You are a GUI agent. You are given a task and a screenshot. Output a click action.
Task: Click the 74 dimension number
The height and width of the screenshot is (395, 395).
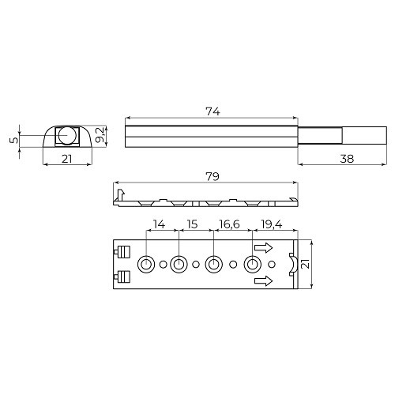[x=212, y=111]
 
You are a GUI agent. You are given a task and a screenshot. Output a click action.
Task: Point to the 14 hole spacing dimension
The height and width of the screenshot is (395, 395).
[x=160, y=224]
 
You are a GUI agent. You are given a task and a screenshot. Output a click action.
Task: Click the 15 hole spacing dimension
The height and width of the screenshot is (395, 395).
[x=192, y=224]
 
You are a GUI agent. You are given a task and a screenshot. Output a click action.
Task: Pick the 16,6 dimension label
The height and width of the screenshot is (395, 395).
[x=231, y=224]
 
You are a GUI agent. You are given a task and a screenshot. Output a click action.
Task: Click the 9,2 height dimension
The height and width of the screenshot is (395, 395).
[x=100, y=135]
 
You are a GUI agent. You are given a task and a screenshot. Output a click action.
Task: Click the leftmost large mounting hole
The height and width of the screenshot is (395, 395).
[x=147, y=264]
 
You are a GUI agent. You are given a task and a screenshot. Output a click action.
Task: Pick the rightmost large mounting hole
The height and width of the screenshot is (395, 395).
[x=254, y=264]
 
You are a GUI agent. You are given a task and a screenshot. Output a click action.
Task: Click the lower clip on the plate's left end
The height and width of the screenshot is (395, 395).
[x=122, y=276]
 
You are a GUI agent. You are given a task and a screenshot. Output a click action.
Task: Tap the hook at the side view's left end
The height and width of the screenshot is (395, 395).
[x=119, y=193]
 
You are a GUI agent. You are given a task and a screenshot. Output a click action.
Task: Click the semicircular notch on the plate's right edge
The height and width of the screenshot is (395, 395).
[x=292, y=264]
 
